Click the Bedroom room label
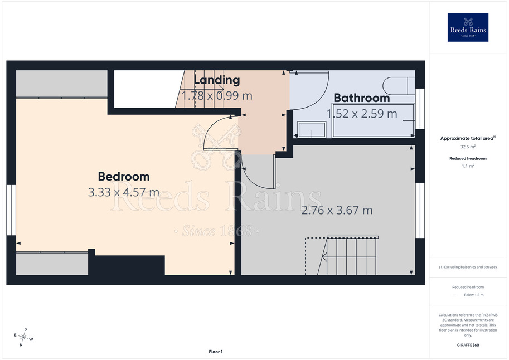coord(124,177)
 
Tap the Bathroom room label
coord(362,98)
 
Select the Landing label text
coord(217,80)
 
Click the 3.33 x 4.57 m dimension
coord(124,192)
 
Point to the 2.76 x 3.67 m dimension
coord(337,210)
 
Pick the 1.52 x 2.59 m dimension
coord(362,114)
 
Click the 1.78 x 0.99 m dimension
coord(217,96)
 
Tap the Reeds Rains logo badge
coord(468,27)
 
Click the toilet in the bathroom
coord(399,86)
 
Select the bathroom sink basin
coord(312,129)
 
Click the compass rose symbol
coord(23,337)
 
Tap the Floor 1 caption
coord(216,352)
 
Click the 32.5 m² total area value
coord(468,147)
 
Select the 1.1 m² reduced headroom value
coord(468,166)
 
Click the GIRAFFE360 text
coord(468,345)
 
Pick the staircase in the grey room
coord(347,256)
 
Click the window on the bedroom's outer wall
coord(11,210)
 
